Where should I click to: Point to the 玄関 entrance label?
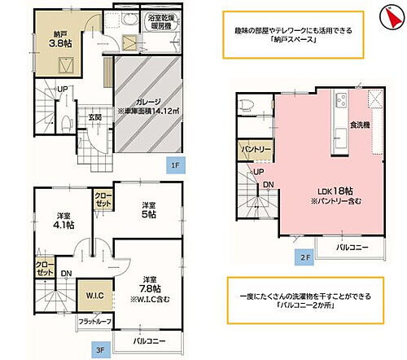pyautogui.click(x=95, y=117)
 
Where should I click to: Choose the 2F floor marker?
pyautogui.click(x=303, y=257)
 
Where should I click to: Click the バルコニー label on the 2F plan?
pyautogui.click(x=352, y=246)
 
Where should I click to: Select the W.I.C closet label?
pyautogui.click(x=90, y=293)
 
